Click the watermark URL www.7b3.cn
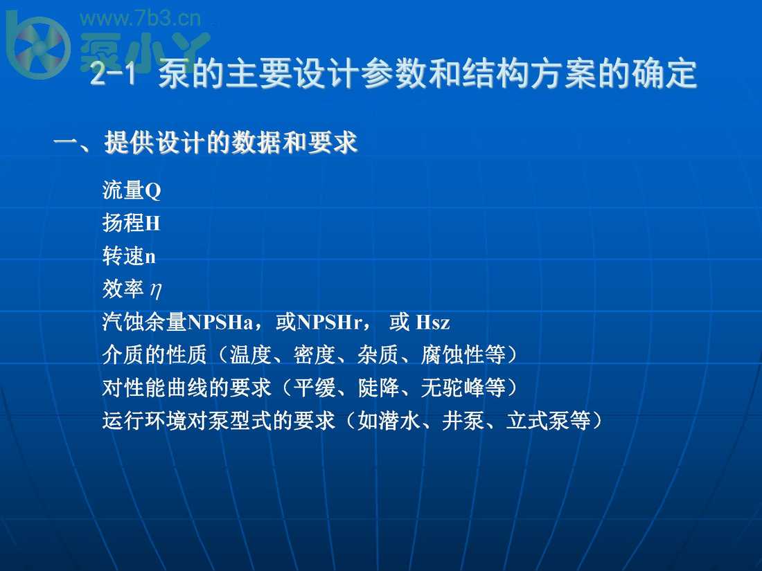(x=140, y=19)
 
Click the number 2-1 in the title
(x=113, y=74)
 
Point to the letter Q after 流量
(x=152, y=191)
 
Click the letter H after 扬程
(x=152, y=224)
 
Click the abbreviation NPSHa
(x=220, y=323)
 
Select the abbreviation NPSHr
(x=329, y=323)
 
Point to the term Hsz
(x=433, y=323)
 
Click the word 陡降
(x=378, y=388)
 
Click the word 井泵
(x=463, y=421)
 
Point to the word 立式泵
(x=538, y=421)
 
